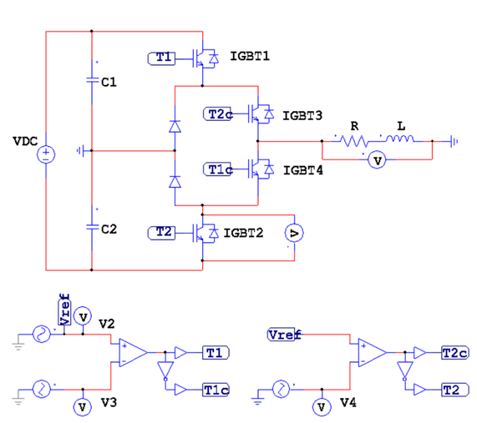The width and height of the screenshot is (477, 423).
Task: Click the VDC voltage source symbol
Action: click(x=46, y=154)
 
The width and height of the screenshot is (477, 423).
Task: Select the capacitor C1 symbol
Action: click(x=92, y=80)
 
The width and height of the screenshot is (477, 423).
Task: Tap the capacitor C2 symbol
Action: click(x=92, y=227)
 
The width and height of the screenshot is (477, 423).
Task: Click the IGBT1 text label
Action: click(x=250, y=56)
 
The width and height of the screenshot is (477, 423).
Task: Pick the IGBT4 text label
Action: click(x=303, y=170)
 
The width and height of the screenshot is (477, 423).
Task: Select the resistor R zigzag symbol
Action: click(x=354, y=141)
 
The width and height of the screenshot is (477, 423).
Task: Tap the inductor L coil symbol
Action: click(x=400, y=138)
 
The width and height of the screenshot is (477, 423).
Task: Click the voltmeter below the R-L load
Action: click(x=378, y=160)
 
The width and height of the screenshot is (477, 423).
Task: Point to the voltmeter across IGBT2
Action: click(x=294, y=233)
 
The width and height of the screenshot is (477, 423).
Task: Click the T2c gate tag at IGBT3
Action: click(x=218, y=114)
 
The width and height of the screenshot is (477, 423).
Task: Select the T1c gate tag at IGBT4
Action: click(x=218, y=169)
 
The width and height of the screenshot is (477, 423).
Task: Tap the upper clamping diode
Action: click(x=175, y=126)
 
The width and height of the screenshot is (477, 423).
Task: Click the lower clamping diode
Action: click(x=175, y=182)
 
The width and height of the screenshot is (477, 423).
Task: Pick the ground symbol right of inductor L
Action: click(x=454, y=141)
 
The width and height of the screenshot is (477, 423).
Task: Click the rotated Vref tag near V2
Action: click(x=64, y=310)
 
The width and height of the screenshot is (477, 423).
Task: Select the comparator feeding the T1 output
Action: click(x=134, y=352)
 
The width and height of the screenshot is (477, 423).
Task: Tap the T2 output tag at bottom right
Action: click(x=455, y=390)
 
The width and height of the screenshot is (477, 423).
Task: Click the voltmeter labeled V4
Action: click(x=322, y=407)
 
